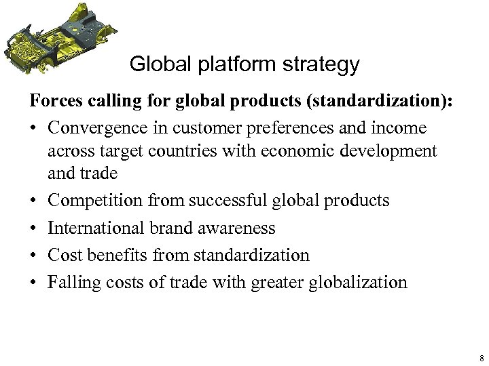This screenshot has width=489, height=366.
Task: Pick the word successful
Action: pyautogui.click(x=223, y=201)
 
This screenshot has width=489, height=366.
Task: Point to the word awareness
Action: pyautogui.click(x=238, y=228)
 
